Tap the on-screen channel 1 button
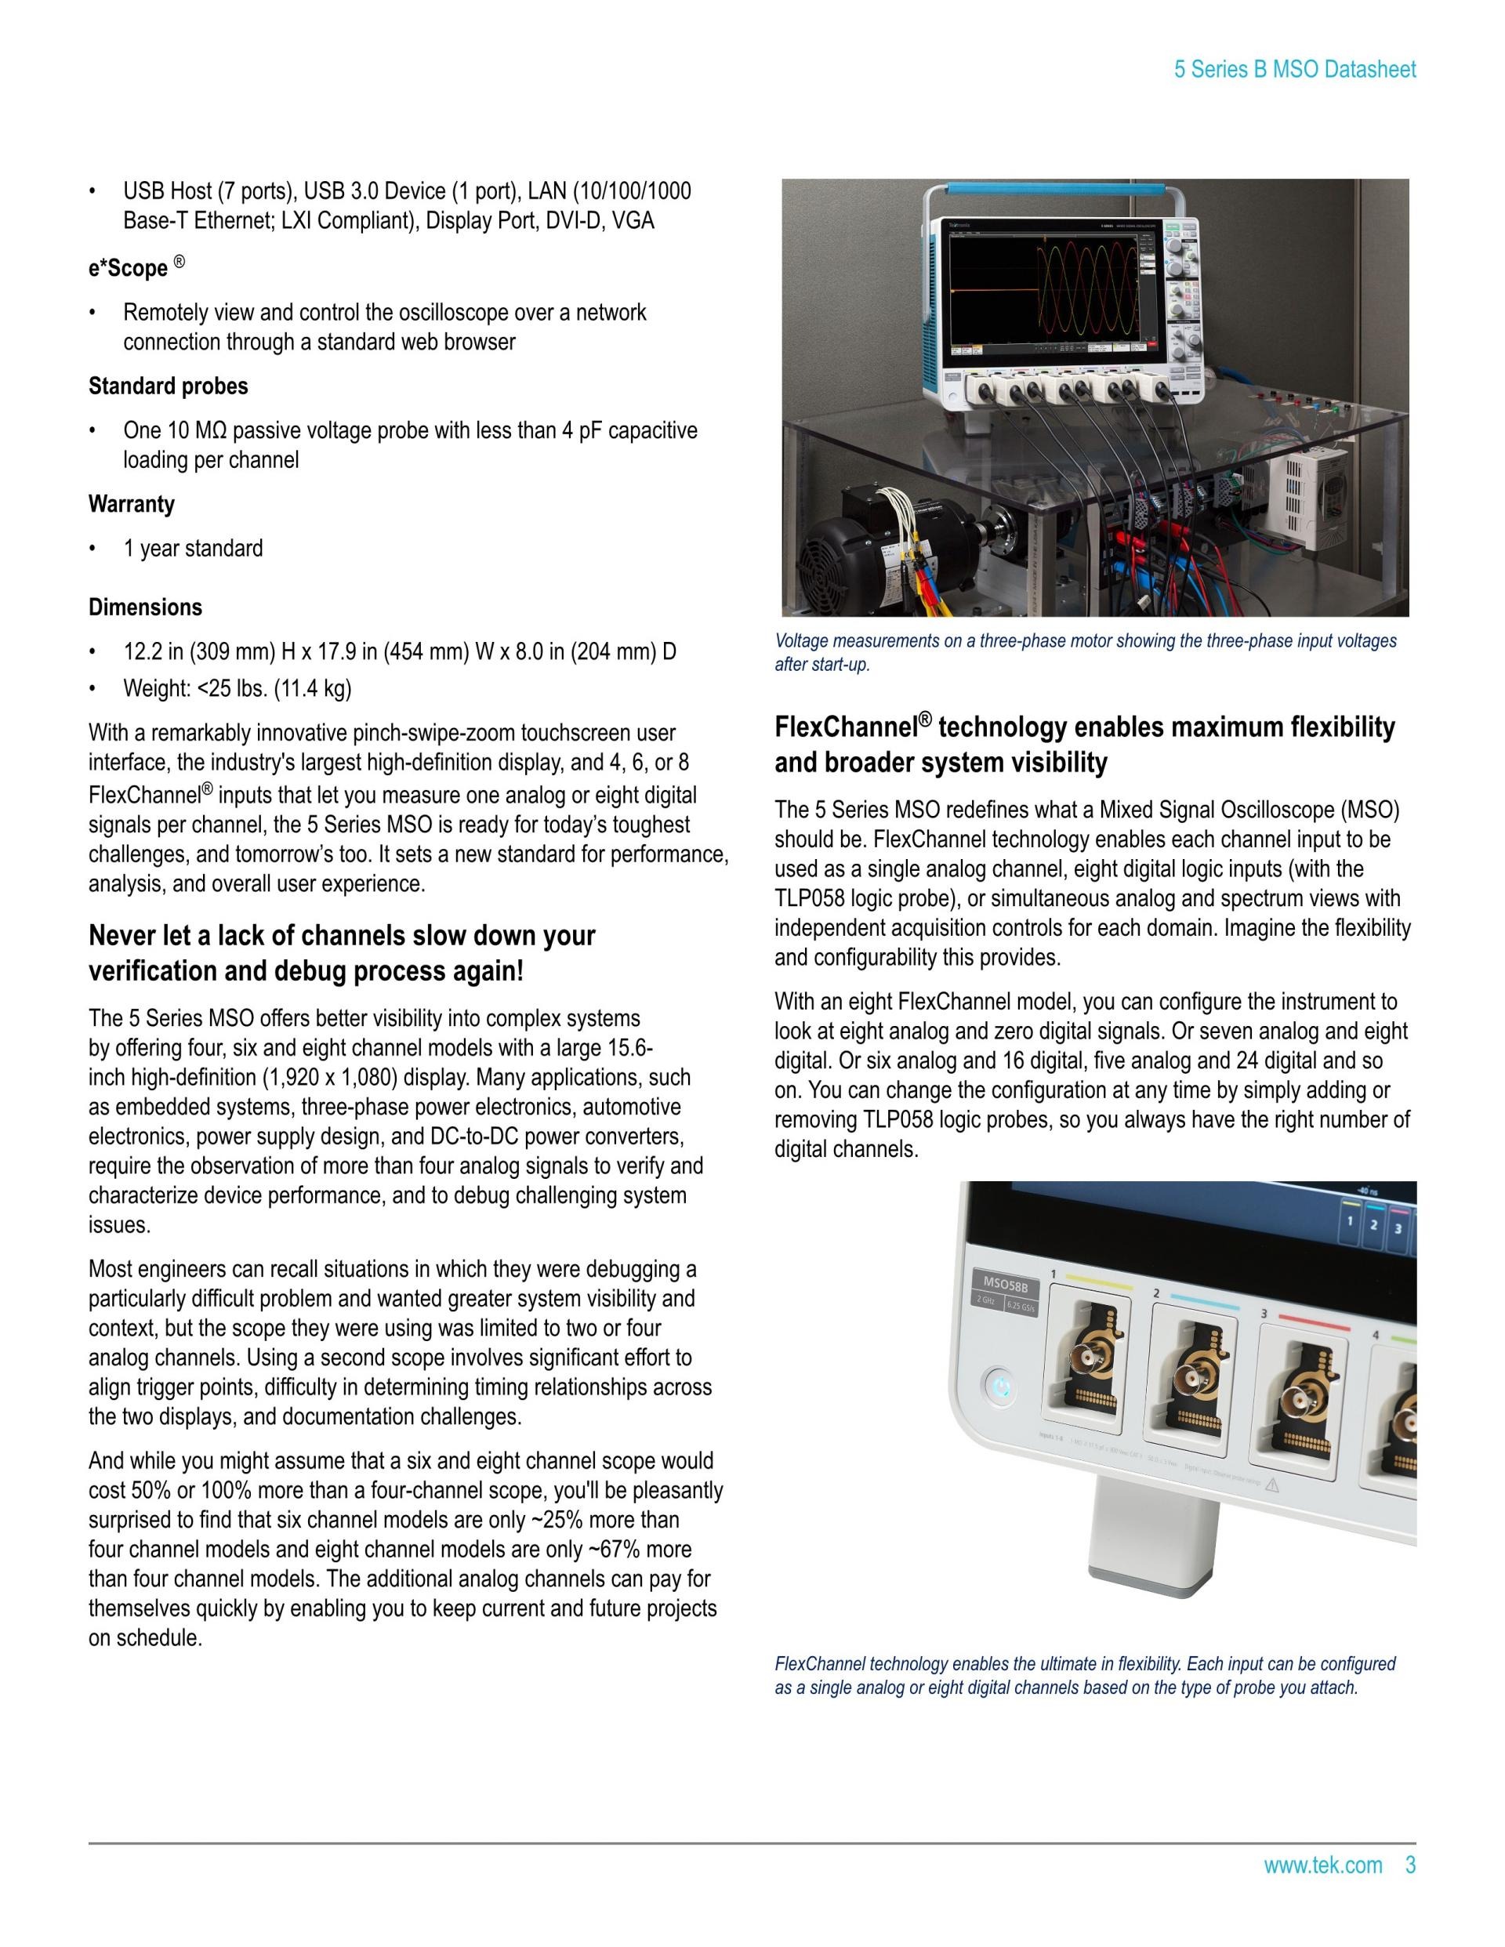[x=1351, y=1221]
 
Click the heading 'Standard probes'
[x=168, y=386]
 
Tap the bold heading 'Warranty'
[x=131, y=504]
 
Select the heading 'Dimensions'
[x=145, y=607]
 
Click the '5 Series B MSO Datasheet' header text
[x=1295, y=70]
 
